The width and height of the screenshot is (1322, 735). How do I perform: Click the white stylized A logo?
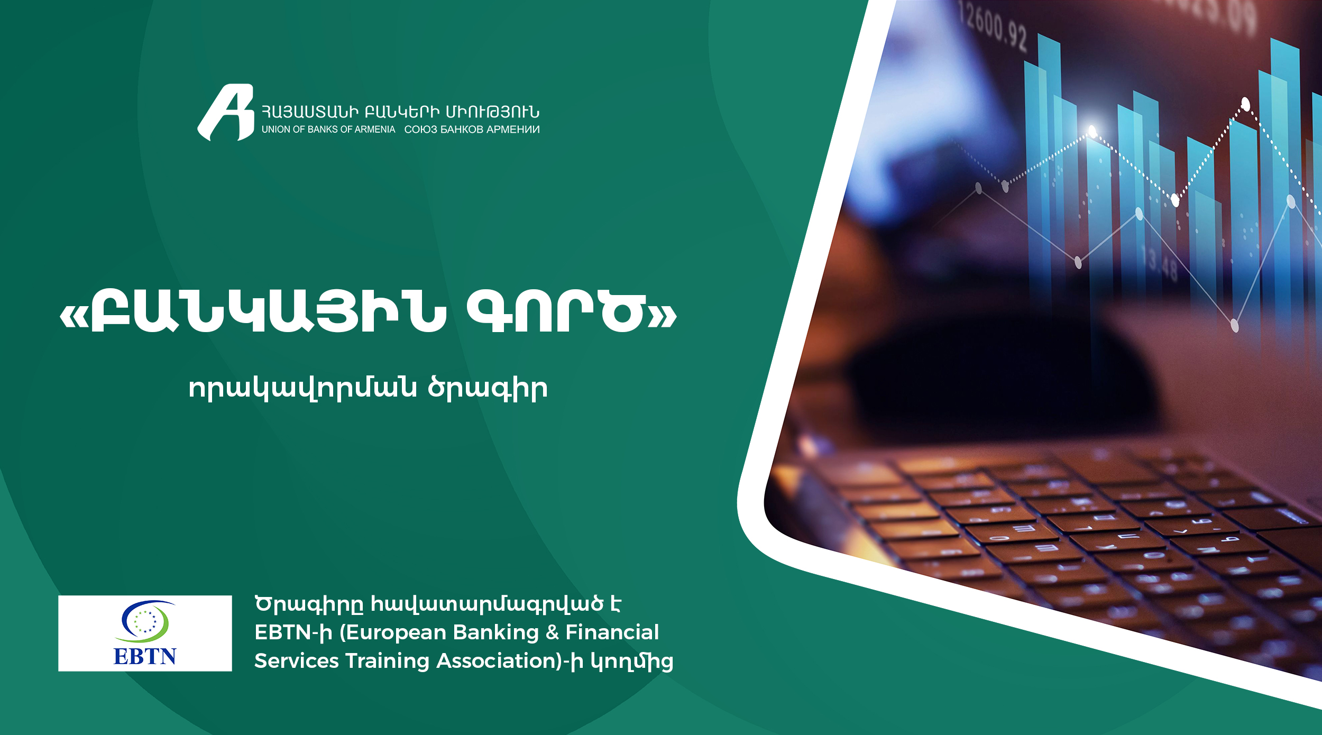point(226,113)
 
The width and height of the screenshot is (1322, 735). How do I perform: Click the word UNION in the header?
point(276,130)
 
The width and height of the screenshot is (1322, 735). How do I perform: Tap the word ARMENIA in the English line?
point(375,130)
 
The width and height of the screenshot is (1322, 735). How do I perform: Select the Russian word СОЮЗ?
point(421,130)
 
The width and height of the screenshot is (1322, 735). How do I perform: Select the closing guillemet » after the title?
point(663,316)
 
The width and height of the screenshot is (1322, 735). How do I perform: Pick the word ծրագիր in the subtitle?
point(488,389)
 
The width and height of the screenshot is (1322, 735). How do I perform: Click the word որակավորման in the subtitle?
point(302,389)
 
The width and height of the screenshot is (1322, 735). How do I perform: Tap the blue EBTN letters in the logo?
point(145,656)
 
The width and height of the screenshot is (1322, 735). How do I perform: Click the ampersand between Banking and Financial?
point(552,632)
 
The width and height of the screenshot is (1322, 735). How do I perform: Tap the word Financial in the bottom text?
point(612,632)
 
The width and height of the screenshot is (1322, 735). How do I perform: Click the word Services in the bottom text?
point(297,661)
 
